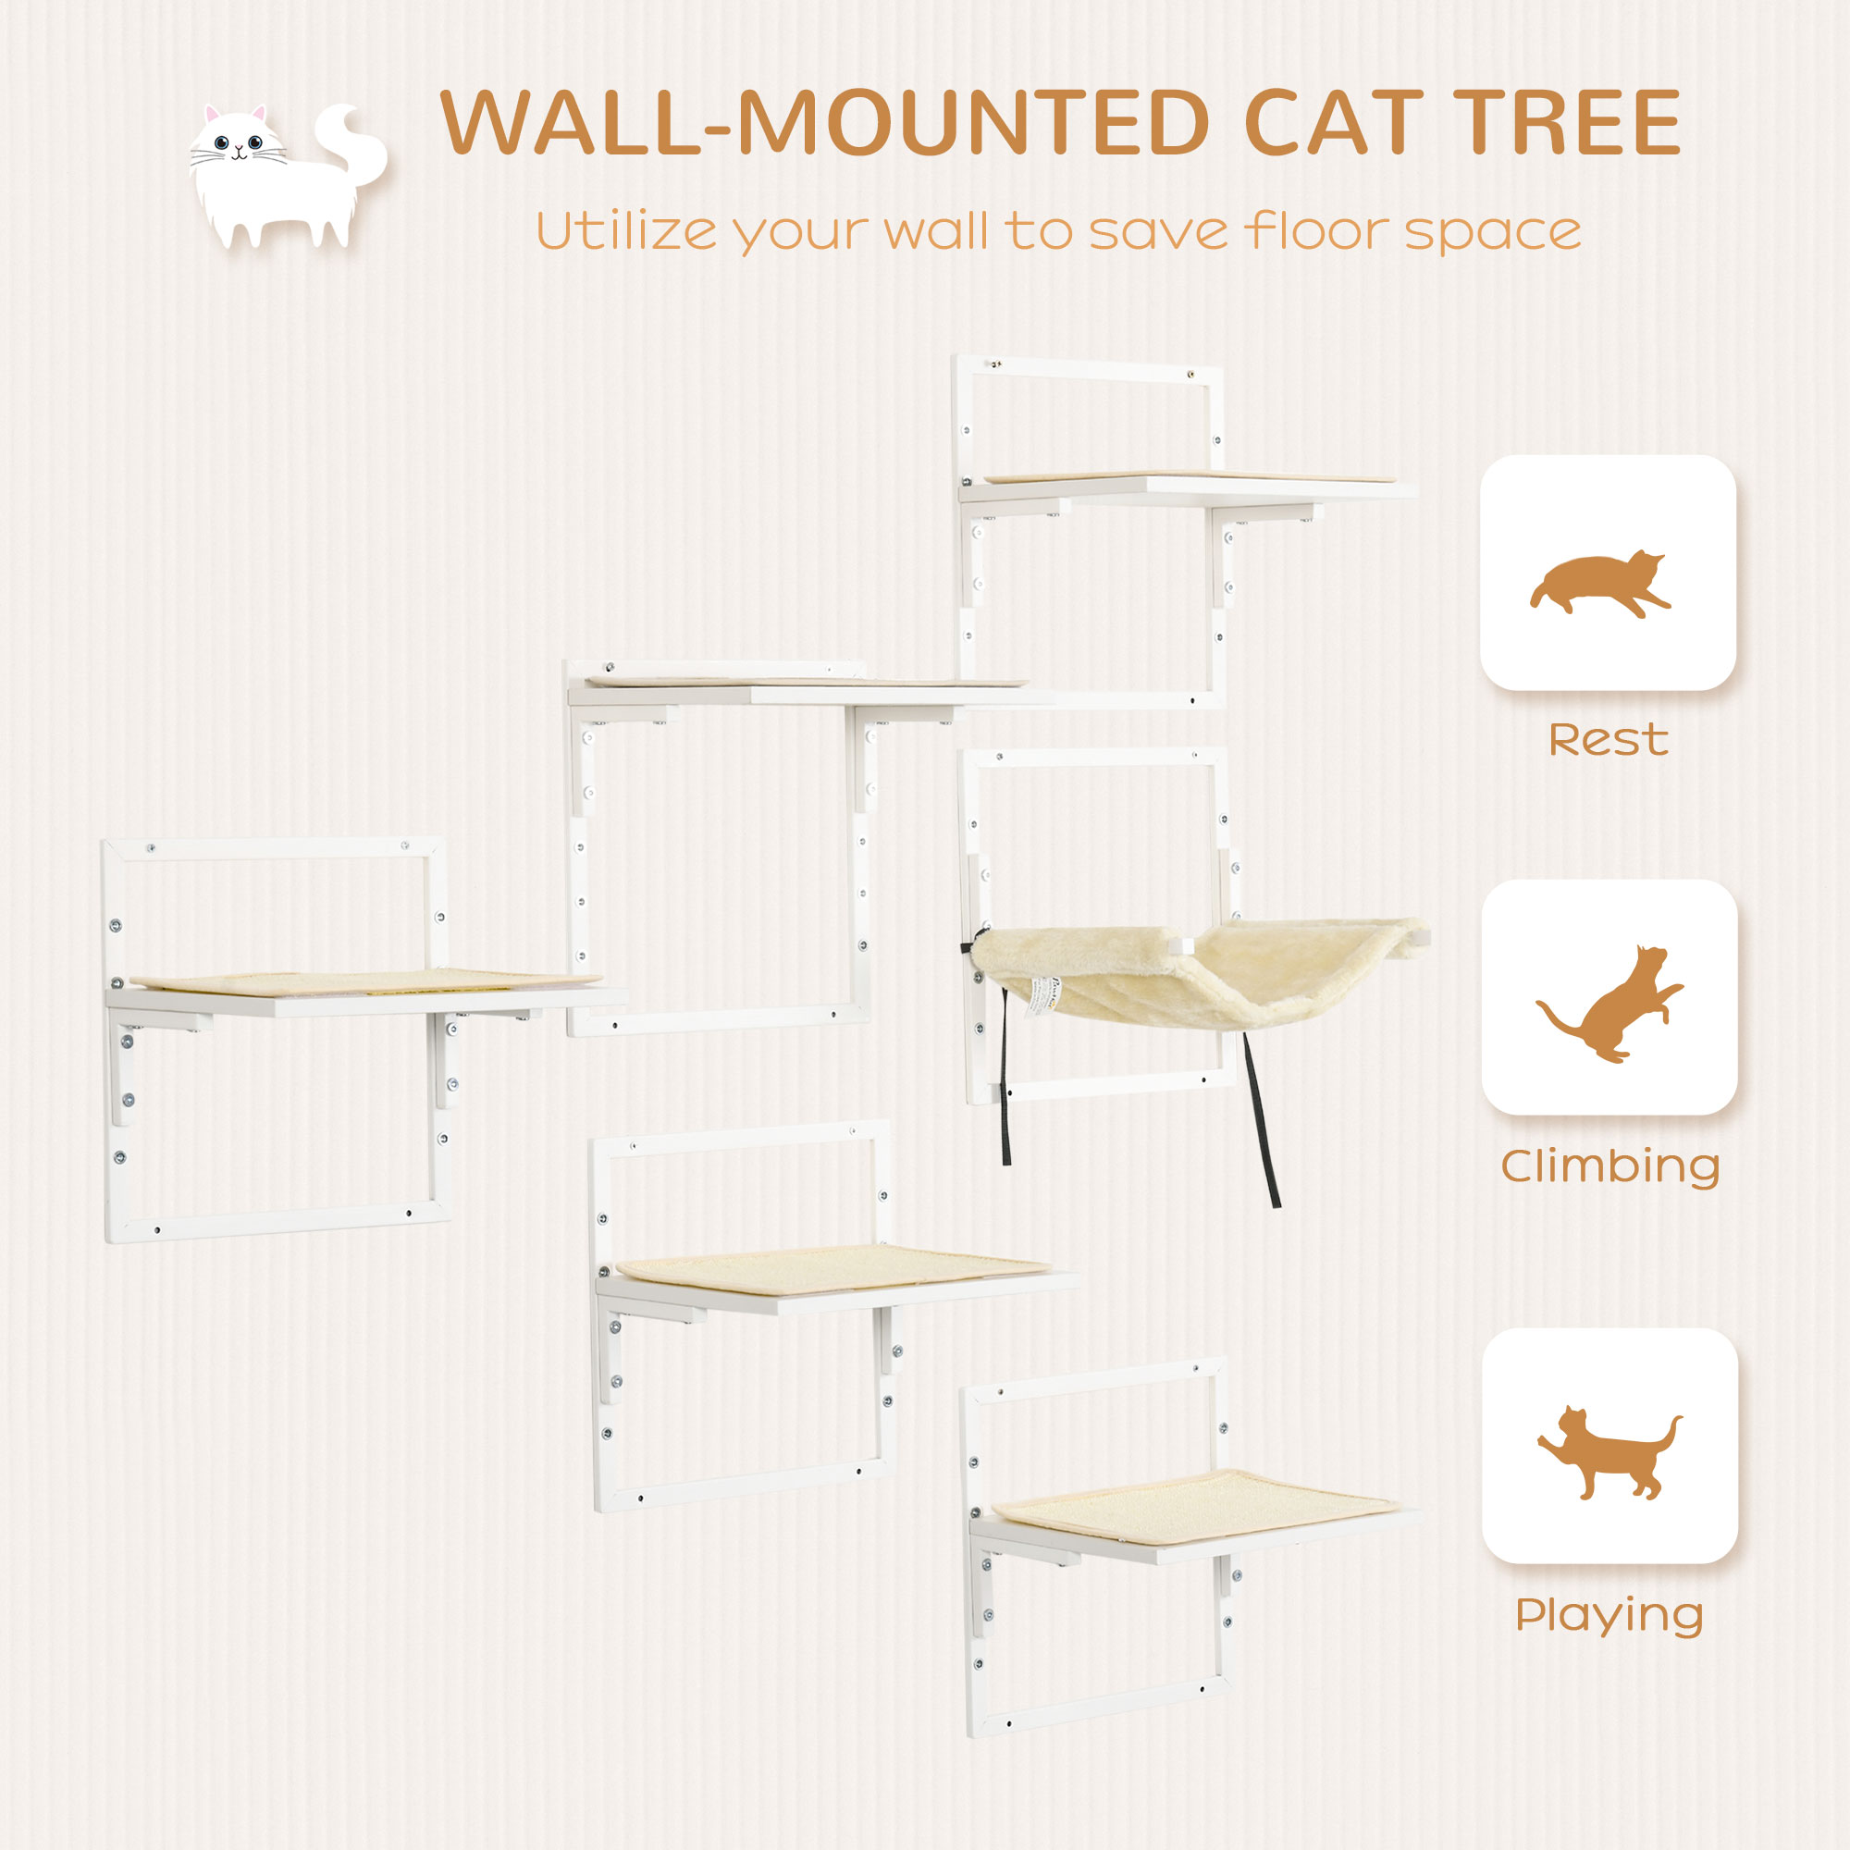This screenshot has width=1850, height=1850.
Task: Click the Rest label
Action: (x=1609, y=740)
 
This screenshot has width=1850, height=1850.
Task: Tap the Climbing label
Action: (x=1609, y=1167)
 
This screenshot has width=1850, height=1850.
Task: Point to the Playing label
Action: (x=1609, y=1615)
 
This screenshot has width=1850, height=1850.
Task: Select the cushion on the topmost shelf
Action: (x=1188, y=475)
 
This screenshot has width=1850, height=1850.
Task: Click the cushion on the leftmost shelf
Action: (x=364, y=980)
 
